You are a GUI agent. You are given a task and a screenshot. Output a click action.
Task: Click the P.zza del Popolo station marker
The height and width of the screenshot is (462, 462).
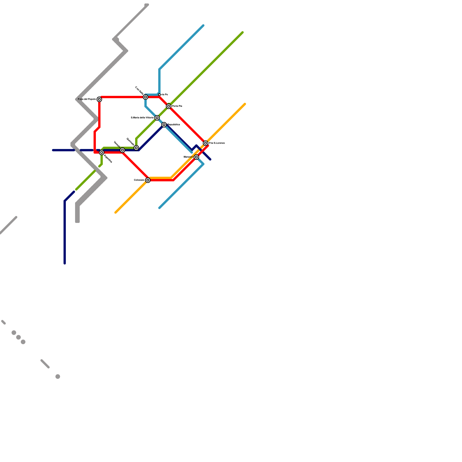point(99,99)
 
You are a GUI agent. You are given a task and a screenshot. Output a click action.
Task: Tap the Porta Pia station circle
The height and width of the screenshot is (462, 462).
point(169,106)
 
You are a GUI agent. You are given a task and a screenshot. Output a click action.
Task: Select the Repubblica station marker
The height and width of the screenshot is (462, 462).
point(164,125)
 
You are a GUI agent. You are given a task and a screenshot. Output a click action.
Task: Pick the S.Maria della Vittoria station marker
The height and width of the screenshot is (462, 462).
point(157,118)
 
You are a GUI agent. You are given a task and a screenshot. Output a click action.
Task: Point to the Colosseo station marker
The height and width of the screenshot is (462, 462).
point(148,180)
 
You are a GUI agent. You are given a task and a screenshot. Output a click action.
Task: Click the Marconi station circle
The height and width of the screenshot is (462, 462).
point(196,157)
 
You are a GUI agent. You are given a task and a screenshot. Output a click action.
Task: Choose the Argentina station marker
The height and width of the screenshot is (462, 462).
point(102,152)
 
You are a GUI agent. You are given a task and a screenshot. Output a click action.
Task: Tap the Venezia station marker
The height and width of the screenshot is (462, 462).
point(122,150)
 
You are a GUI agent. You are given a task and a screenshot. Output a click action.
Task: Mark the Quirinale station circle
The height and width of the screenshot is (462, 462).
point(136,148)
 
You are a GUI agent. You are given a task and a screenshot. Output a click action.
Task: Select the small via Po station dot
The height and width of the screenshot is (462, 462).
point(159,95)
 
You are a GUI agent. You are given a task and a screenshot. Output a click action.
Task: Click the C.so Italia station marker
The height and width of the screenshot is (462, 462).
point(146,97)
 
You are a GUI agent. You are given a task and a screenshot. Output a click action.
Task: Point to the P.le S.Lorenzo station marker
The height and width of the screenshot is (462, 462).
point(206,143)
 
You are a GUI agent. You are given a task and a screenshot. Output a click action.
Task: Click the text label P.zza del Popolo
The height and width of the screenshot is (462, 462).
point(87,99)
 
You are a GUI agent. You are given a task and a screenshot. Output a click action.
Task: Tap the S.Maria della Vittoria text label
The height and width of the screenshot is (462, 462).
point(142,118)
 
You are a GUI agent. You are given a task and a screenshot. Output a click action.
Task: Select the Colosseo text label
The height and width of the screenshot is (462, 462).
point(139,180)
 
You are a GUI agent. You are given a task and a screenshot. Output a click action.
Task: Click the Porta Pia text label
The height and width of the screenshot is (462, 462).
point(177,106)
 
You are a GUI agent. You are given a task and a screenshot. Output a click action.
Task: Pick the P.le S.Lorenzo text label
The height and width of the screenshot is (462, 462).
point(217,143)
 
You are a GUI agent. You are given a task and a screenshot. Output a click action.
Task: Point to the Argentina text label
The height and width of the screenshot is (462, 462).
point(108,159)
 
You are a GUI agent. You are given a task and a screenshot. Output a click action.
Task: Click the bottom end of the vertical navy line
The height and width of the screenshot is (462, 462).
point(65,263)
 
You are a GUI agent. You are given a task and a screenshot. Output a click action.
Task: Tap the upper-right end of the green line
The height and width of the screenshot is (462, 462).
point(243,32)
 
